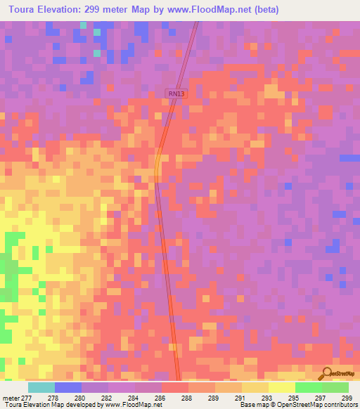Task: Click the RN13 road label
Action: pyautogui.click(x=176, y=93)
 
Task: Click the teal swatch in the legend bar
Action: pyautogui.click(x=41, y=387)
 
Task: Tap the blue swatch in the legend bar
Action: pyautogui.click(x=68, y=387)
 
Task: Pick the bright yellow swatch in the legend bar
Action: pyautogui.click(x=282, y=387)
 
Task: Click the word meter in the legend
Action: pyautogui.click(x=11, y=398)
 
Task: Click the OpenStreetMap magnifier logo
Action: pyautogui.click(x=327, y=374)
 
